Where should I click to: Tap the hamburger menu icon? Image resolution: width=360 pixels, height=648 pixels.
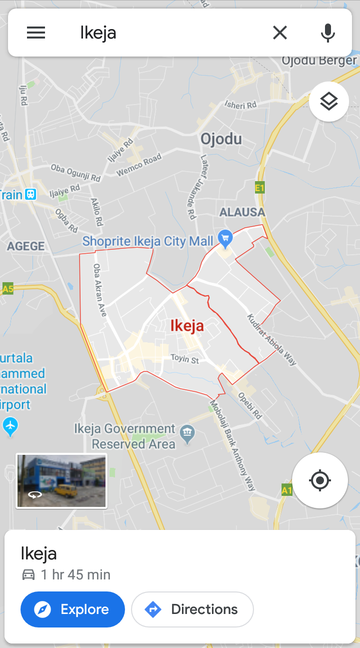(36, 33)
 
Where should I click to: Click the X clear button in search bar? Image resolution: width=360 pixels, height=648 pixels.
(280, 33)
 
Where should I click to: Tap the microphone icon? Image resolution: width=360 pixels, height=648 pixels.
(327, 33)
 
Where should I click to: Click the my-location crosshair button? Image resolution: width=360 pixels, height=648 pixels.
(320, 480)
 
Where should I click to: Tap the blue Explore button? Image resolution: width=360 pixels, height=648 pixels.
(72, 609)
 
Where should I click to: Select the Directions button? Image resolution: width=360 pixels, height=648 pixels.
(192, 609)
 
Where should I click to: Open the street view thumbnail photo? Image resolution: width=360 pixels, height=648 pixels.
(61, 481)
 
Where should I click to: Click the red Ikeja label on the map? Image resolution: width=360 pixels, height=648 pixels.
(187, 326)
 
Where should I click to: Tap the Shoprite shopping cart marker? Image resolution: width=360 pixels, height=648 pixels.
(225, 239)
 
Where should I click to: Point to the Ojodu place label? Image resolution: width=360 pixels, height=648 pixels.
(221, 139)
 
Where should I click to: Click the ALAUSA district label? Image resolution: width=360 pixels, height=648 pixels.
(242, 212)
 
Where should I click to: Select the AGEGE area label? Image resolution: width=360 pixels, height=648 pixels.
(25, 246)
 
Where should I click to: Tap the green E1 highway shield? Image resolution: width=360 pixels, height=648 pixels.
(259, 188)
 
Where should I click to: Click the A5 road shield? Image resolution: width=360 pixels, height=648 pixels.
(7, 289)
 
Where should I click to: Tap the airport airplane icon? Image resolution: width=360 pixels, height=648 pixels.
(10, 426)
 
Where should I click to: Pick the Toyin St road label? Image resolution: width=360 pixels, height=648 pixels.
(184, 359)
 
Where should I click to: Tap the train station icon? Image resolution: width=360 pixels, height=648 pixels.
(31, 194)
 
